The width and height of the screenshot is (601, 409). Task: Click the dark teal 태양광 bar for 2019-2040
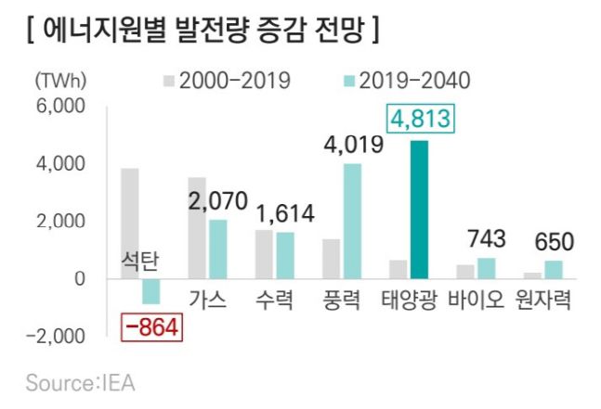[418, 210]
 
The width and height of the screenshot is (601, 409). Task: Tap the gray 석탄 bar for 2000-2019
[130, 224]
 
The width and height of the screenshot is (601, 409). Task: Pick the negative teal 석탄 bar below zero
[150, 291]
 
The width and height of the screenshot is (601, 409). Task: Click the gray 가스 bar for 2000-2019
[197, 228]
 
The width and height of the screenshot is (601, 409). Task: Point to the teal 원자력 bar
[553, 269]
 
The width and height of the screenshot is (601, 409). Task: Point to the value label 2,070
[218, 199]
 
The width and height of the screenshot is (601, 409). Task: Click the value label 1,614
[284, 212]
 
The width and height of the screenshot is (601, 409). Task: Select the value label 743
[486, 239]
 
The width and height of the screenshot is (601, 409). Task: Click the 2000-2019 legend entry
[228, 81]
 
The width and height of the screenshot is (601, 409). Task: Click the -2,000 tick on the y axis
[56, 336]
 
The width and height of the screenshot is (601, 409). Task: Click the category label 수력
[275, 301]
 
